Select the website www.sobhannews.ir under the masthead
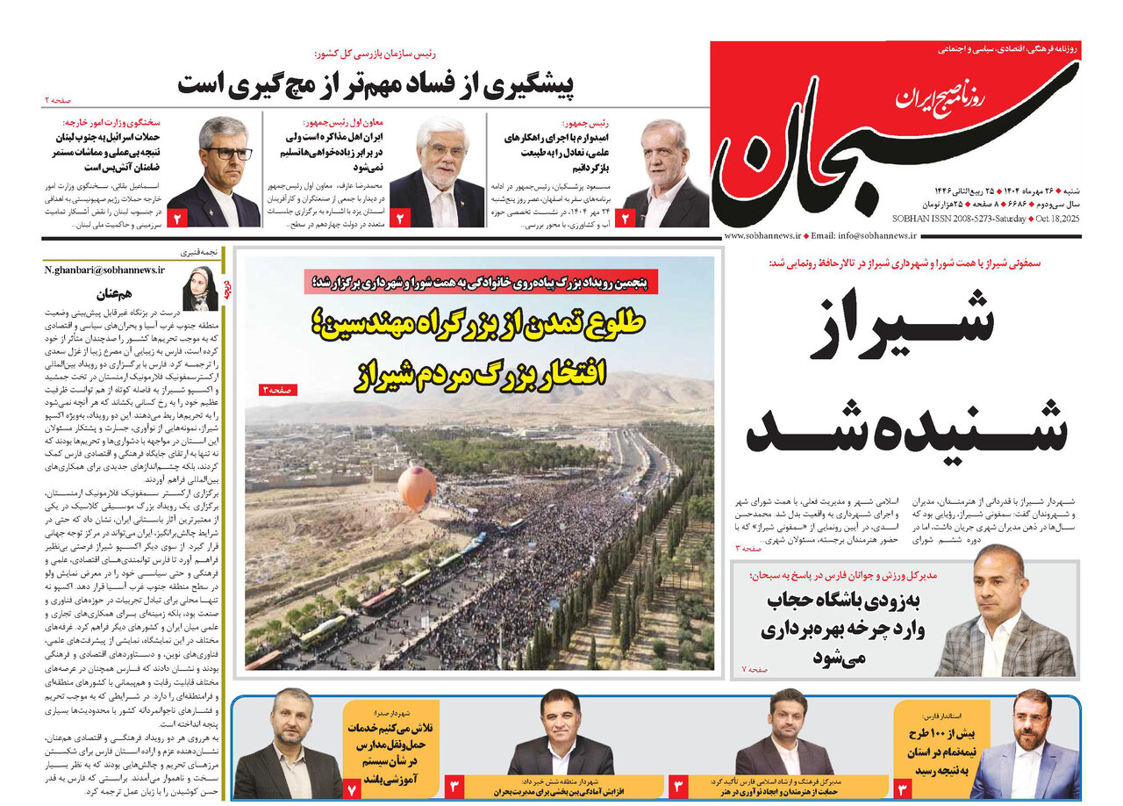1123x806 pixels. click(760, 236)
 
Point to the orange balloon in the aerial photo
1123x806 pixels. click(417, 488)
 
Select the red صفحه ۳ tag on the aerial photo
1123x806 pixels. click(279, 390)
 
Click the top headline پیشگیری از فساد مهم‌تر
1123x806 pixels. click(375, 84)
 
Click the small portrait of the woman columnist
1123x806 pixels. click(199, 288)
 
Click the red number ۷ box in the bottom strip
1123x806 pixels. click(353, 788)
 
